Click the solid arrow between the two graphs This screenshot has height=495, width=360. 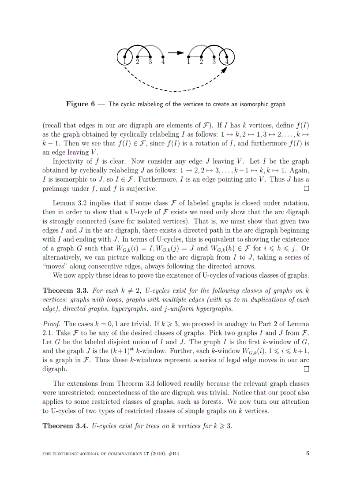[176, 53]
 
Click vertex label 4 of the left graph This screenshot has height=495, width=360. [163, 62]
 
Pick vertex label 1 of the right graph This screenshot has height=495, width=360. [188, 62]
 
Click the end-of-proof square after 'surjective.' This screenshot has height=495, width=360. [306, 189]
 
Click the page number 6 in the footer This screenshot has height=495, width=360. [307, 454]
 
